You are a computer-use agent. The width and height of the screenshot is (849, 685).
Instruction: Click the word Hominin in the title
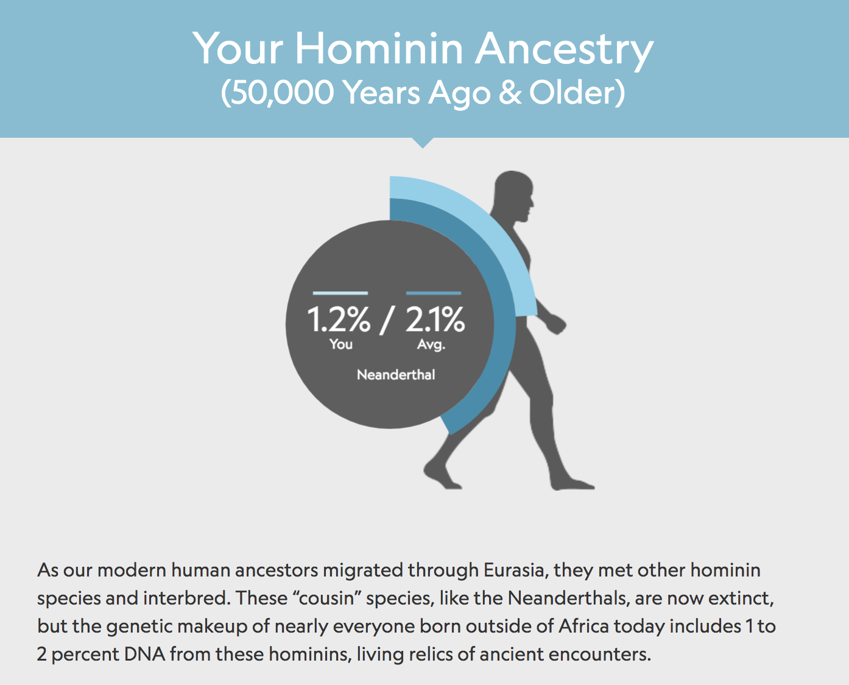[379, 48]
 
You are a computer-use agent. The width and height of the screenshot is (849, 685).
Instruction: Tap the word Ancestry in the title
[565, 51]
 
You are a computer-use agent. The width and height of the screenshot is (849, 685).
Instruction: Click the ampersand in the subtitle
[509, 93]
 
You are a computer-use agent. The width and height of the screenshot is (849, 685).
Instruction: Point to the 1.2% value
[339, 319]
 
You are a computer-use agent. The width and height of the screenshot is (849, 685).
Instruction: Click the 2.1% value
[435, 319]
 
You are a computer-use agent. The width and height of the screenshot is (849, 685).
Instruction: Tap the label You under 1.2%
[341, 344]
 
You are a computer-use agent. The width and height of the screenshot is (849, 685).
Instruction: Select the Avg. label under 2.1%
[431, 344]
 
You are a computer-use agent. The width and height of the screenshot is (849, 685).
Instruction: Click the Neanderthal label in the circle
[396, 375]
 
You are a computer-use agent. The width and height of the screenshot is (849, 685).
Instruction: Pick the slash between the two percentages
[387, 321]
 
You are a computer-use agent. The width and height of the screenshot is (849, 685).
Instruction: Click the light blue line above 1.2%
[340, 293]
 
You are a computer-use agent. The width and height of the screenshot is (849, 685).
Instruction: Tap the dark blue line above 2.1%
[434, 293]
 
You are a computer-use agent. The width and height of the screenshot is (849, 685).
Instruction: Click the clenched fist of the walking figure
[556, 324]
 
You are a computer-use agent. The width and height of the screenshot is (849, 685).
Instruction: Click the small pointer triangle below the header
[423, 142]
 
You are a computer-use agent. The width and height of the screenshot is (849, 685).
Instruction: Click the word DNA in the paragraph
[144, 654]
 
